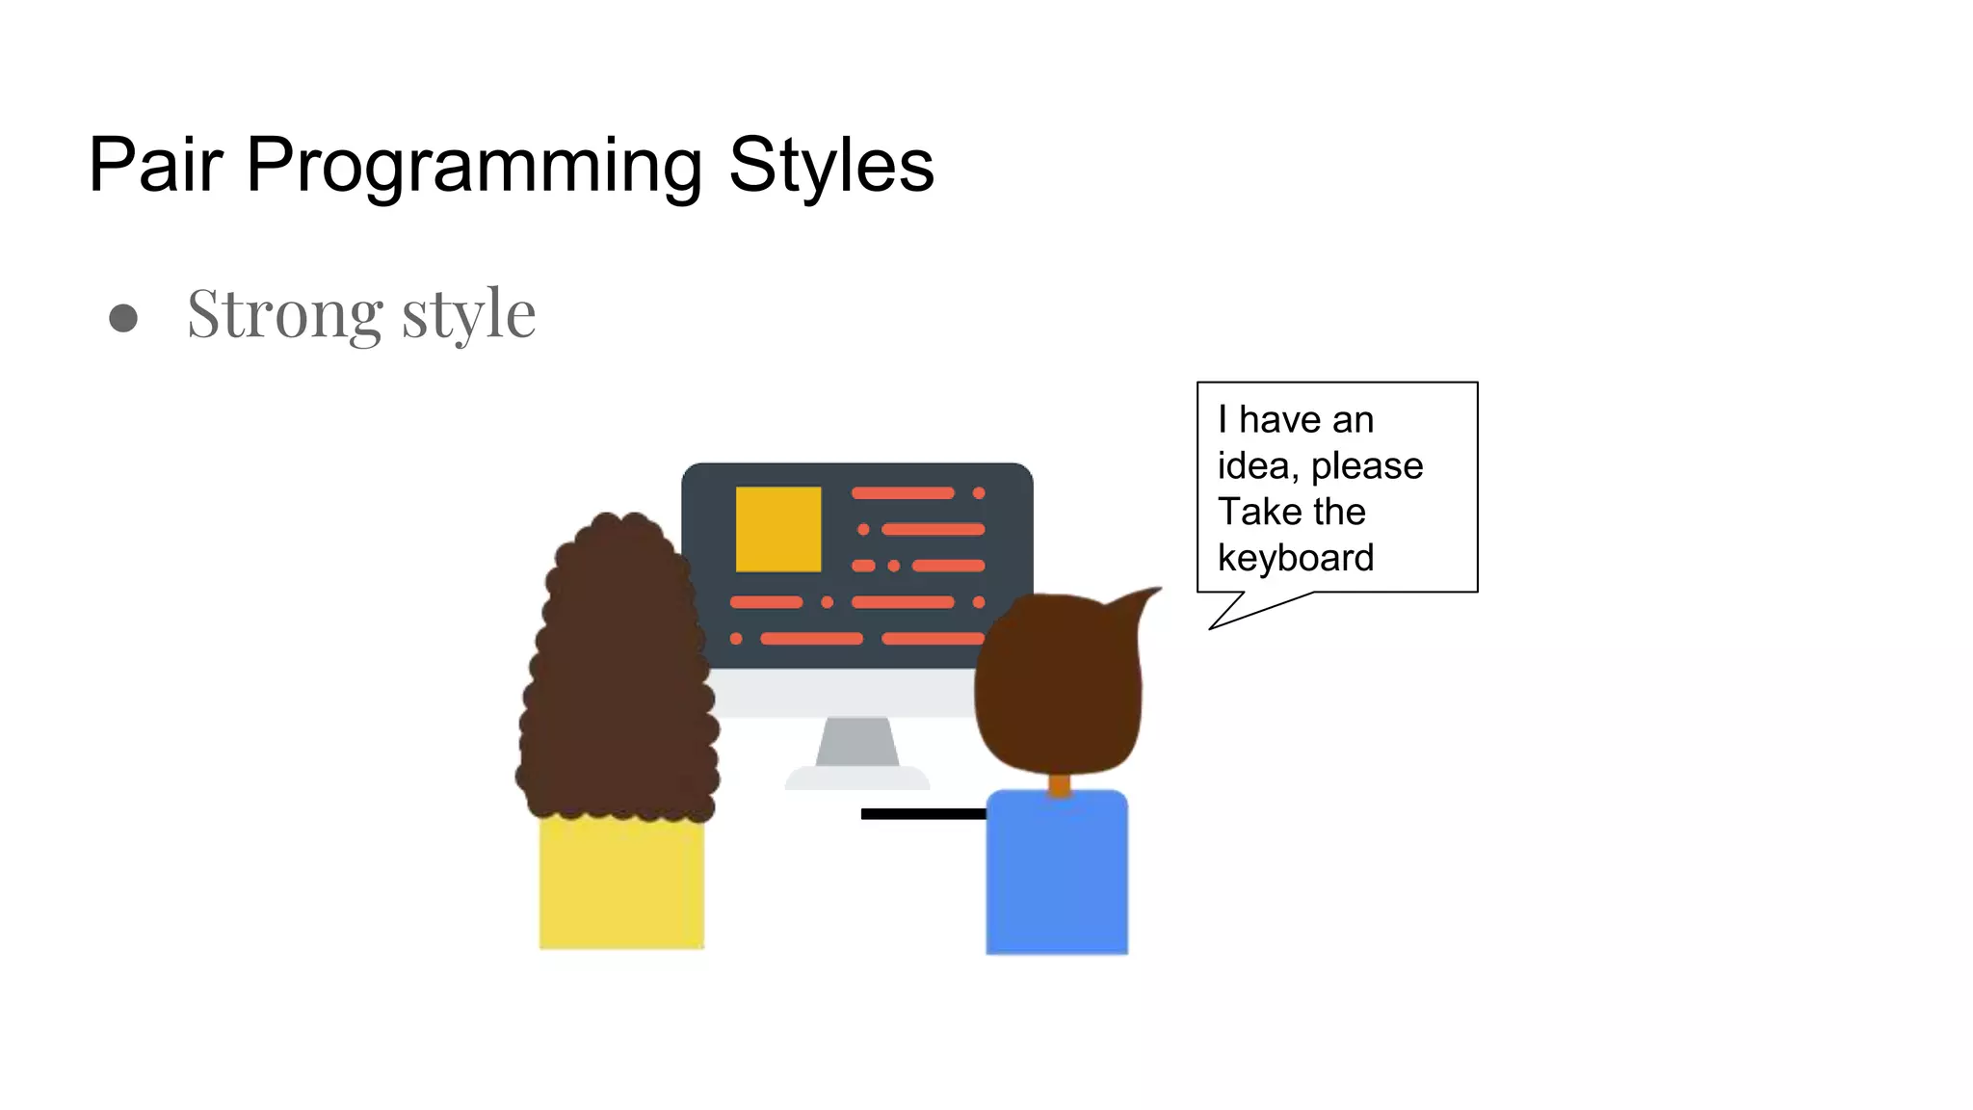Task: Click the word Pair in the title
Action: point(155,165)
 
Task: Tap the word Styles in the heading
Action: point(830,166)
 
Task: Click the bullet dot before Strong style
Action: point(123,318)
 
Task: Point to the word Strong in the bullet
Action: point(285,314)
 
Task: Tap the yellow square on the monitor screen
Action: point(778,529)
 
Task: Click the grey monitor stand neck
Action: point(856,741)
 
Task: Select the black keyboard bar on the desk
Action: point(922,814)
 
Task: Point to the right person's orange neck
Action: point(1059,785)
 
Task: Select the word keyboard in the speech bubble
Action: point(1295,558)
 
